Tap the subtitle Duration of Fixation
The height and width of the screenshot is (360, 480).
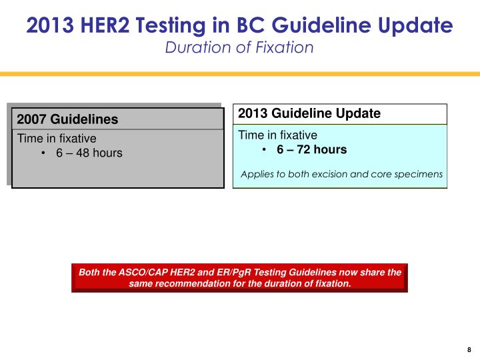click(239, 47)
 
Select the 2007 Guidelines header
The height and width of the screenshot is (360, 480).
click(67, 120)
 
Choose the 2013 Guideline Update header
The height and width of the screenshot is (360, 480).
click(309, 114)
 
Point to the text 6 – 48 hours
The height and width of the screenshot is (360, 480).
click(89, 153)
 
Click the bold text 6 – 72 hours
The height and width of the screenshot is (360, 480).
click(312, 149)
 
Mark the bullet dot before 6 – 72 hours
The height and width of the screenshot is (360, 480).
click(265, 150)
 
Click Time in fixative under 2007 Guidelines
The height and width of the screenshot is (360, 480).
click(57, 139)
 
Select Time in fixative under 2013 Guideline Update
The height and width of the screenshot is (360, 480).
click(279, 135)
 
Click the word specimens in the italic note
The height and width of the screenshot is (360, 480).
click(420, 174)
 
